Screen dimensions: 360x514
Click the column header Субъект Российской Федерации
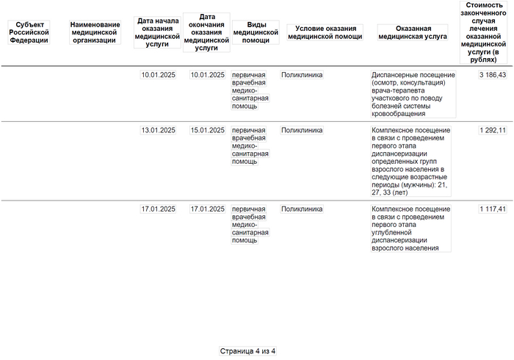[x=30, y=32]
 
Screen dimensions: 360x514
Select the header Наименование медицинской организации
[x=95, y=32]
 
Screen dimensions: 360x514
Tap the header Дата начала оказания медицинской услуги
[x=158, y=32]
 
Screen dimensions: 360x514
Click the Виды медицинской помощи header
[x=256, y=32]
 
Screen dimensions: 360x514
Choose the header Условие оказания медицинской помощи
[x=322, y=32]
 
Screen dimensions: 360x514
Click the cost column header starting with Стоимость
[x=485, y=32]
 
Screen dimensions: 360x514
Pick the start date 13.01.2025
[x=158, y=131]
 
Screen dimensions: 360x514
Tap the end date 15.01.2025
[x=207, y=131]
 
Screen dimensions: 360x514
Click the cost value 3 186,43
[x=491, y=75]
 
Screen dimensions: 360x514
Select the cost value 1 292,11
[x=491, y=131]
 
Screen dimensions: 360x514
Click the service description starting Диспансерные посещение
[x=413, y=94]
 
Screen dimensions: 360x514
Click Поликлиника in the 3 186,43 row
[x=302, y=75]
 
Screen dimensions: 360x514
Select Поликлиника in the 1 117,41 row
[x=302, y=209]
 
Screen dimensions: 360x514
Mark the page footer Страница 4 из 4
[x=248, y=351]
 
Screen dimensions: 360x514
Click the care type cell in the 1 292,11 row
[x=250, y=145]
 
